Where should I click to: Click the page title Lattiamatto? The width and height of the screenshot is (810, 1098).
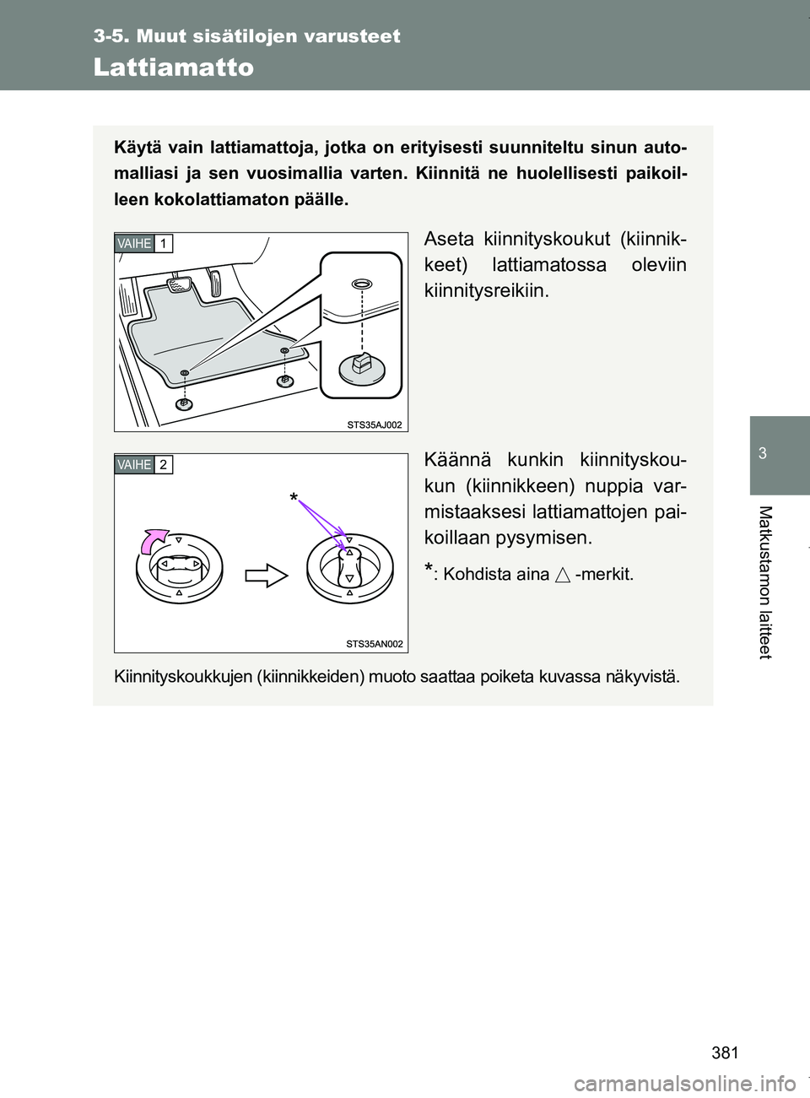point(174,68)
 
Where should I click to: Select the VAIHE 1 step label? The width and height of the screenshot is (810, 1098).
point(144,244)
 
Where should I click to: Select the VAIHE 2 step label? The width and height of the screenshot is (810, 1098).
point(144,464)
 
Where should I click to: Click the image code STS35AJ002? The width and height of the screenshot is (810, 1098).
point(375,424)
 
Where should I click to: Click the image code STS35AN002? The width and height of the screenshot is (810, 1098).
point(375,644)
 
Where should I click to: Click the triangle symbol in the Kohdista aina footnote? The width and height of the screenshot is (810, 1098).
point(563,576)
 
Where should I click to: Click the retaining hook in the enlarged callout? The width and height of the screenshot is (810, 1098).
point(360,365)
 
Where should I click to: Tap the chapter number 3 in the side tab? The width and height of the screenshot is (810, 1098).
point(779,454)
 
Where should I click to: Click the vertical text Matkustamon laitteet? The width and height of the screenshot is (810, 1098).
point(779,582)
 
